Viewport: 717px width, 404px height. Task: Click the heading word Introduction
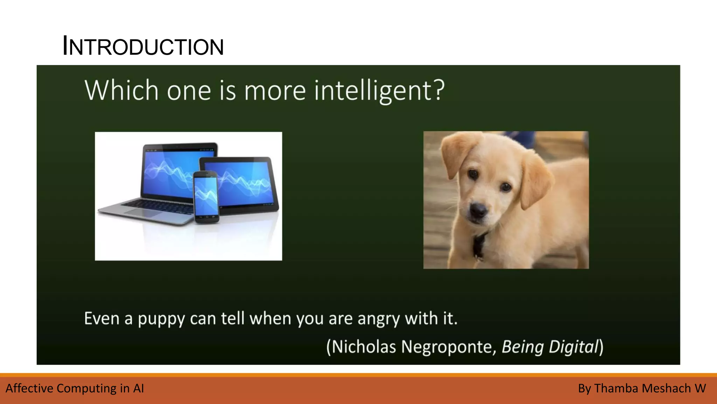tap(143, 46)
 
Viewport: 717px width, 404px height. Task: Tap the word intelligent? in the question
tap(379, 91)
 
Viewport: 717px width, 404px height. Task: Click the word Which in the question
tap(121, 90)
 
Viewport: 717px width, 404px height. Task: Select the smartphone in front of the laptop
tap(207, 196)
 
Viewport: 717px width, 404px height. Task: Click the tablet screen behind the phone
tap(245, 182)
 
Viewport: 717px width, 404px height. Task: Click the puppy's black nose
tap(479, 210)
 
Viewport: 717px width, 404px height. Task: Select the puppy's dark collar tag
tap(478, 245)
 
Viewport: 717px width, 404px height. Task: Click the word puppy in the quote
tap(161, 319)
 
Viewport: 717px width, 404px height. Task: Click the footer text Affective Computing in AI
tap(75, 389)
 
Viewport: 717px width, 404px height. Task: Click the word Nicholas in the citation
tap(364, 347)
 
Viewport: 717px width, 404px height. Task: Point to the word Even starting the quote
tap(102, 319)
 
